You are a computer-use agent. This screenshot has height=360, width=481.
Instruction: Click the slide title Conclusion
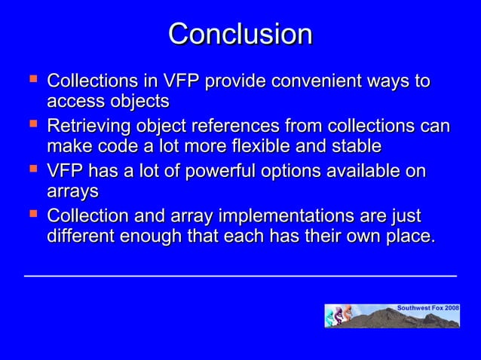click(x=240, y=34)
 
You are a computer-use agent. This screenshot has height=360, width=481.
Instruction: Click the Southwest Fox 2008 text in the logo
click(x=427, y=309)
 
